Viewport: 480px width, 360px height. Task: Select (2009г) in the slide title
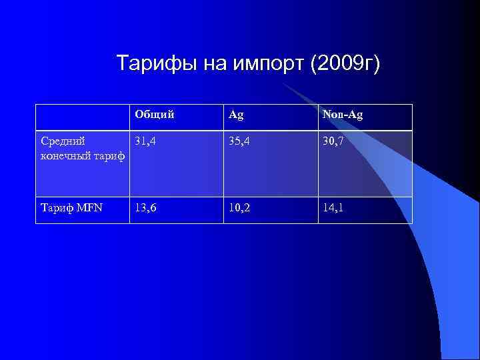pyautogui.click(x=344, y=64)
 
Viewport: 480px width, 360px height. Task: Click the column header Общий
pyautogui.click(x=154, y=115)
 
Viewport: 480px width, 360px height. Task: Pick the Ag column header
pyautogui.click(x=236, y=115)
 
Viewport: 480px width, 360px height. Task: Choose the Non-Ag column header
pyautogui.click(x=342, y=115)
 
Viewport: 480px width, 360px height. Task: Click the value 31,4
pyautogui.click(x=147, y=141)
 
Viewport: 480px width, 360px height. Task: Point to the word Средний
pyautogui.click(x=63, y=141)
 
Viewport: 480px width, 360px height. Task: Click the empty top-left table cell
pyautogui.click(x=82, y=117)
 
